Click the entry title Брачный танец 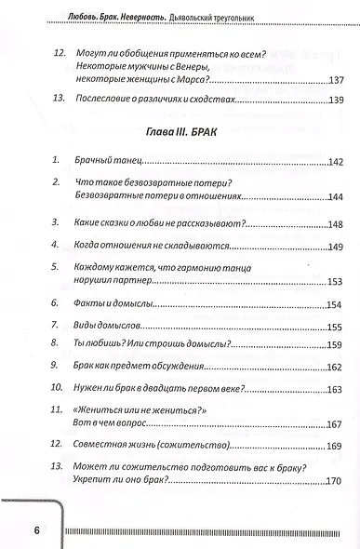click(102, 162)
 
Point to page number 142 click(334, 162)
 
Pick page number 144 click(334, 197)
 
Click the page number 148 click(334, 223)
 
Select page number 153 click(334, 282)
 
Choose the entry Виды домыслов click(105, 326)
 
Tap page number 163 click(334, 389)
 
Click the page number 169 click(334, 447)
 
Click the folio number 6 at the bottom click(36, 531)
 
